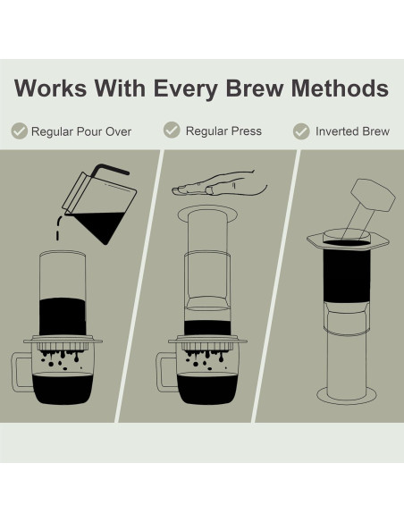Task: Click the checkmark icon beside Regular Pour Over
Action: pyautogui.click(x=19, y=131)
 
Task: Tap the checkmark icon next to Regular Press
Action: pyautogui.click(x=172, y=130)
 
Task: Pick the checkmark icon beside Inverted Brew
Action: pyautogui.click(x=302, y=131)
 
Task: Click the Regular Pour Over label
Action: pyautogui.click(x=81, y=131)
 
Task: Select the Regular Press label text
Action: pyautogui.click(x=223, y=130)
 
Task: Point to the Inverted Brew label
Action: pyautogui.click(x=352, y=131)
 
